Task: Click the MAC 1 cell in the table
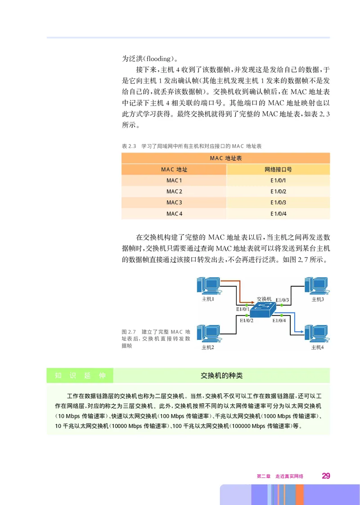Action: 174,180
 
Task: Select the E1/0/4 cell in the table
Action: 278,214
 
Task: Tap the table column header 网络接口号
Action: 278,170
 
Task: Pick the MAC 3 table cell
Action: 174,203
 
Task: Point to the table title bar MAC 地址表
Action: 225,158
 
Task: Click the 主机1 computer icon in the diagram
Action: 208,286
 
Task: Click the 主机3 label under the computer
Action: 318,300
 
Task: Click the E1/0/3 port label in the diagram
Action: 282,300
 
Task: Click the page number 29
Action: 326,476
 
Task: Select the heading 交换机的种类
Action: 221,375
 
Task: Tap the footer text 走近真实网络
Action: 289,476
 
